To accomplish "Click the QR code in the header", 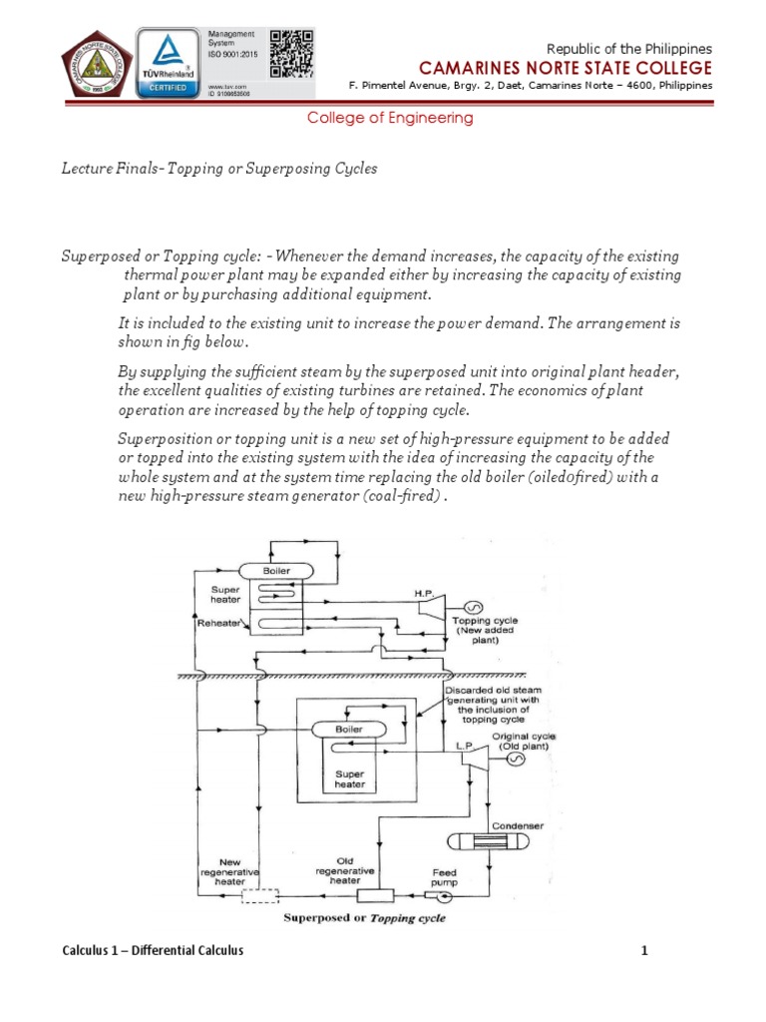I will (292, 53).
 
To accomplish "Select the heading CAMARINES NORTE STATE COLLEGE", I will (565, 68).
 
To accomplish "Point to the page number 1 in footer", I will (644, 951).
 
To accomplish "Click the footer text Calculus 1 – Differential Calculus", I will (153, 951).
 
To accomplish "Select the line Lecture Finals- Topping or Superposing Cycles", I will (218, 169).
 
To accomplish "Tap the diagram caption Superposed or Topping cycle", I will (365, 918).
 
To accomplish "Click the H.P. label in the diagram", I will (425, 594).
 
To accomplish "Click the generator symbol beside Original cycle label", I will (517, 760).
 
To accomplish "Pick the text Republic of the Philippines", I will (630, 48).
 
